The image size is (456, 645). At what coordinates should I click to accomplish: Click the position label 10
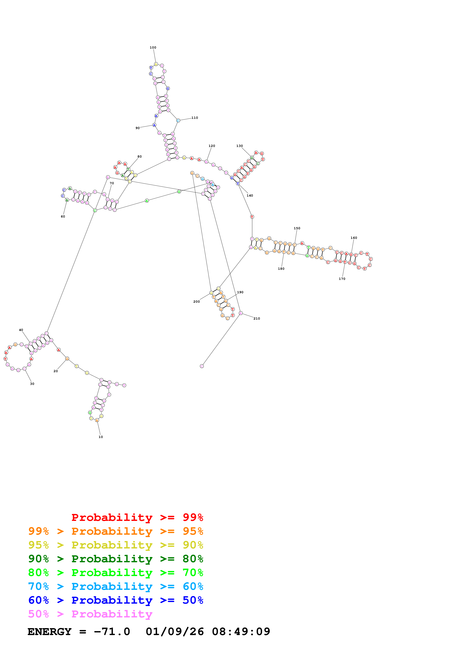click(101, 437)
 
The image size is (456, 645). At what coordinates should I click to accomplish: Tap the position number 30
click(32, 384)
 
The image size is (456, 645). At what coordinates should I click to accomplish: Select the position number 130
click(239, 146)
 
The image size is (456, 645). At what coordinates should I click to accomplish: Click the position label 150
click(297, 228)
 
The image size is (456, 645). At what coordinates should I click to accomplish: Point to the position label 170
click(342, 279)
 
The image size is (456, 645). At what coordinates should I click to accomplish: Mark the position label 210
click(257, 319)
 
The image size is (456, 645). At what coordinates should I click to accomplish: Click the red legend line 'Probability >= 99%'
click(137, 517)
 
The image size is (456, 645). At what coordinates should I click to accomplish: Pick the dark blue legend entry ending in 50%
click(116, 600)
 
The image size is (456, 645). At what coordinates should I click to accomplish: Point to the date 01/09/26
click(175, 632)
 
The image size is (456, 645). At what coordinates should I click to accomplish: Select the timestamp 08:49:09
click(241, 632)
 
